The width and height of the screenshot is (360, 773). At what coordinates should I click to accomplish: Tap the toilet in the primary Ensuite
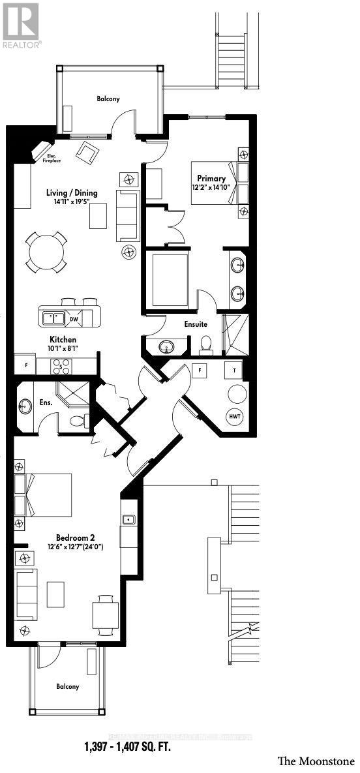point(207,344)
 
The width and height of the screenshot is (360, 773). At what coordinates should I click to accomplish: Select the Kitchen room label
point(63,340)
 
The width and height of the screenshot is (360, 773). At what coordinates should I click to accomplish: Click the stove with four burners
point(61,365)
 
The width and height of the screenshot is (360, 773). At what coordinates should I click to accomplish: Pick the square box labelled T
point(233,370)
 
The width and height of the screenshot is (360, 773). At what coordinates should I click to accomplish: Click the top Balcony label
point(108,99)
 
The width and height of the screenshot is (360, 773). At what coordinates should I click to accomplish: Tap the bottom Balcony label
point(67,686)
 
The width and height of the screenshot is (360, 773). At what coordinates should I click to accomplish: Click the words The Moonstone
point(316,761)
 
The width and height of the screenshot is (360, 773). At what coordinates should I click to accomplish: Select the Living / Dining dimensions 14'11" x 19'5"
point(72,202)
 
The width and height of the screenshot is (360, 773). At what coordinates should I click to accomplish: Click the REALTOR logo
point(21,25)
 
